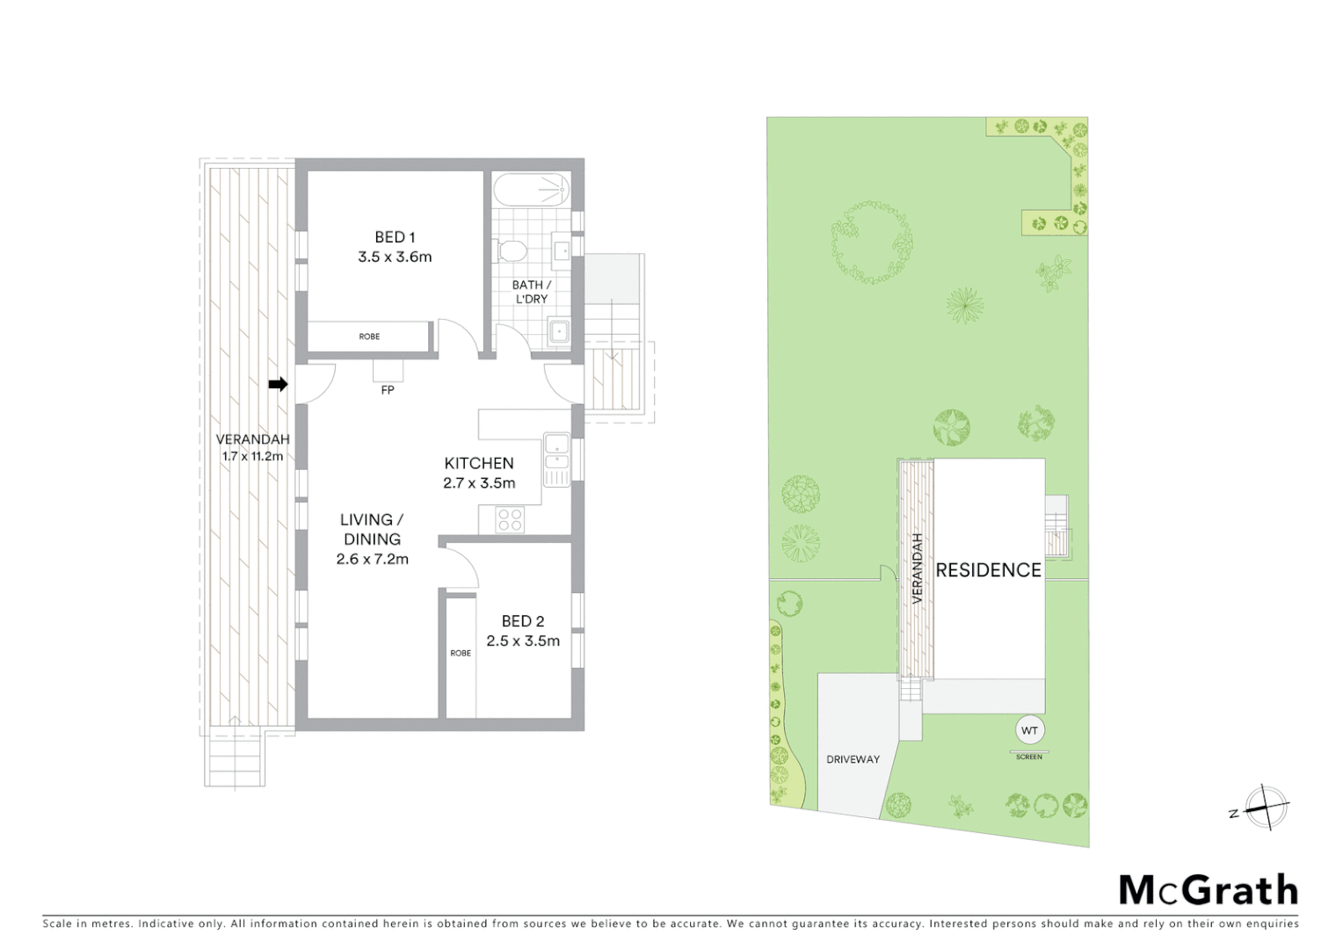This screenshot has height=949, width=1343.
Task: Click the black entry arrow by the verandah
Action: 278,384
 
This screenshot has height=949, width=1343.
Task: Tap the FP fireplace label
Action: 388,390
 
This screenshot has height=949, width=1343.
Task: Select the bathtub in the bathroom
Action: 531,190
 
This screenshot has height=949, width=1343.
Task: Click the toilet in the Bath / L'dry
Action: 511,251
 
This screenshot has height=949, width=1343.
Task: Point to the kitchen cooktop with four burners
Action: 510,520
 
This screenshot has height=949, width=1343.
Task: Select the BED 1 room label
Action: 395,237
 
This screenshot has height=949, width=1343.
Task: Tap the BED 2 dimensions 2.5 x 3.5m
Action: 523,641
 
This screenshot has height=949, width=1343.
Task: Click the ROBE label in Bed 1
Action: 369,337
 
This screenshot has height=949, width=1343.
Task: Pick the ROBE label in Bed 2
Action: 461,653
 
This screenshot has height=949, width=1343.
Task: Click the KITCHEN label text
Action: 479,463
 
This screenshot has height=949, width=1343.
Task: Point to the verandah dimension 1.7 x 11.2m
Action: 252,456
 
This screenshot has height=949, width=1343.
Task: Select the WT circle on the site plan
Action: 1029,730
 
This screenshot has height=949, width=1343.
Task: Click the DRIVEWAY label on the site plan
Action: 853,759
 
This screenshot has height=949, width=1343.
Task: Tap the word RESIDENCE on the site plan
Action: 988,570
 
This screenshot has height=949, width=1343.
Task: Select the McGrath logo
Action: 1208,890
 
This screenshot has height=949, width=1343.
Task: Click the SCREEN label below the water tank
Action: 1028,757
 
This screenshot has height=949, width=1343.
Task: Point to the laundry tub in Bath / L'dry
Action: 558,332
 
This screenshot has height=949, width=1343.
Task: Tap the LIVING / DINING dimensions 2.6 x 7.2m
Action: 373,559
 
